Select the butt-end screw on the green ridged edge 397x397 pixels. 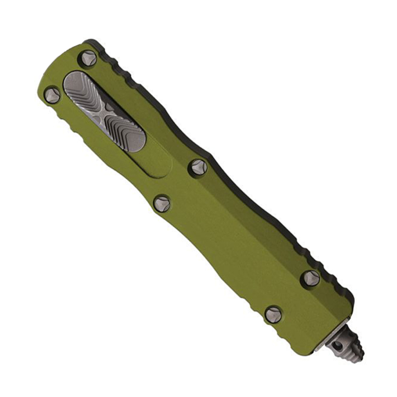coord(52,95)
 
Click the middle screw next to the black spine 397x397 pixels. coord(198,167)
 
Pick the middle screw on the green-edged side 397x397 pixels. coord(162,204)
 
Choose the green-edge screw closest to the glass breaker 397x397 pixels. coord(273,314)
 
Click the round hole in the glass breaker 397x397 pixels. coord(335,345)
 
